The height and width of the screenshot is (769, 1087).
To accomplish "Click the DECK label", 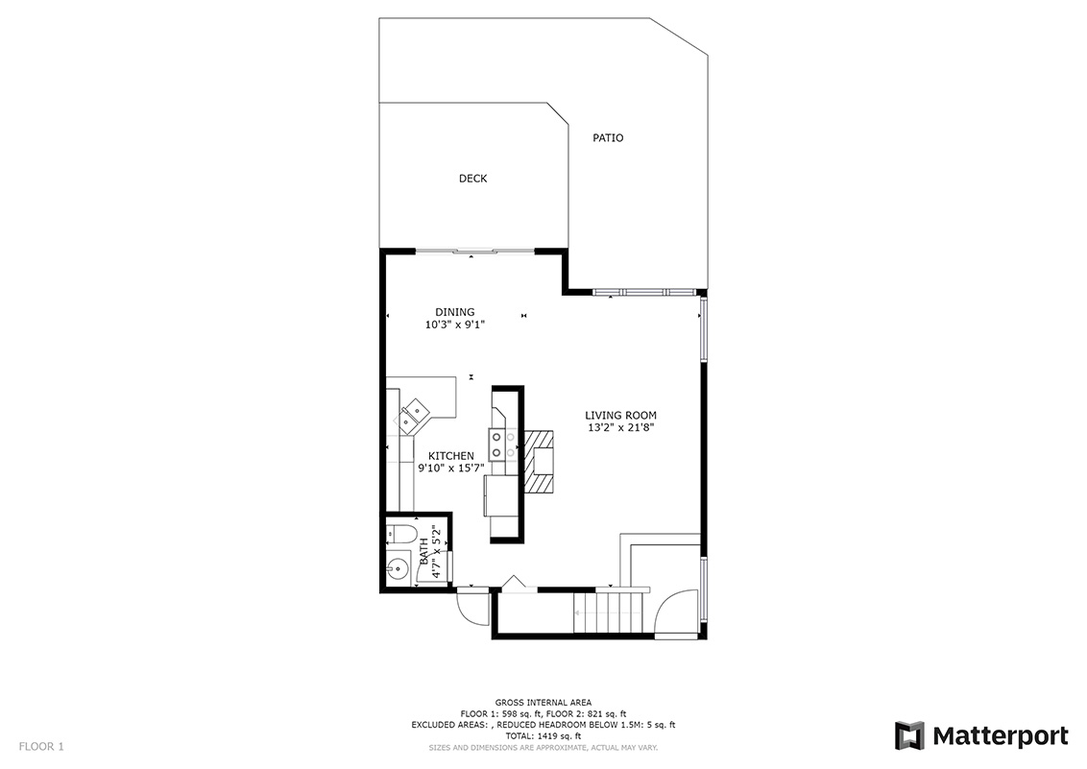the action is (472, 179).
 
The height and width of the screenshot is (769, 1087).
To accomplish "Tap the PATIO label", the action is (608, 138).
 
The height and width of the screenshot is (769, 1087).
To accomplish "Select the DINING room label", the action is (455, 312).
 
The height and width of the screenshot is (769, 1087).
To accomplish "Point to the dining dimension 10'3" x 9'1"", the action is (455, 324).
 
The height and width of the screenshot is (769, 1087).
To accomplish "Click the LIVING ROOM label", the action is (621, 416).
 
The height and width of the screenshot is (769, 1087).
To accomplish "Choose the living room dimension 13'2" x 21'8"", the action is (621, 427).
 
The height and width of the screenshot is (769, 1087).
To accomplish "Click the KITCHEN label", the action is (451, 456).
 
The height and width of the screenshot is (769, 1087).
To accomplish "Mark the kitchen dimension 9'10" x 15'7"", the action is (451, 468).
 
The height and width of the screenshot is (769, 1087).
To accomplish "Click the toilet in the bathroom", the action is (401, 534).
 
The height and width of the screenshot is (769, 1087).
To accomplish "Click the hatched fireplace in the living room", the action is (540, 462).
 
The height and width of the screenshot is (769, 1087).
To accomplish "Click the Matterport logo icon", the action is (909, 735).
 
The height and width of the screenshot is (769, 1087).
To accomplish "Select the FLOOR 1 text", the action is (41, 747).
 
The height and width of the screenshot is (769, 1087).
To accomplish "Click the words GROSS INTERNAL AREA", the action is (543, 703).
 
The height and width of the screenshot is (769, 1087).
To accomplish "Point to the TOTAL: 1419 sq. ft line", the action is (543, 736).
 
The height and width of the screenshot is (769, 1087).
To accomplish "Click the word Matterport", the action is (1001, 735).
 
